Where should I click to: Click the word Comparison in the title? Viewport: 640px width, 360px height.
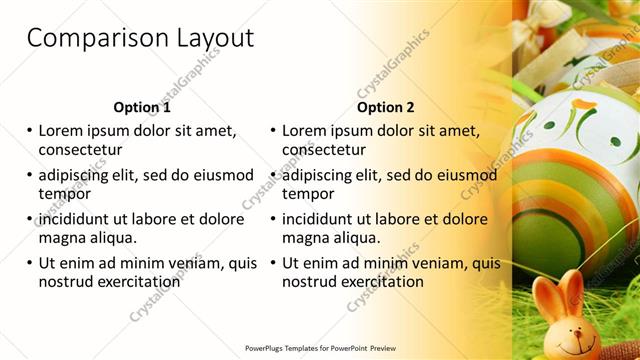88,39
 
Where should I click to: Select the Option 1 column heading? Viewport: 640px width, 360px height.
142,107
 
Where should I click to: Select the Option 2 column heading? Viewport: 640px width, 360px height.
385,107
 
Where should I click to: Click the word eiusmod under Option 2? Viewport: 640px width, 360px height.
461,175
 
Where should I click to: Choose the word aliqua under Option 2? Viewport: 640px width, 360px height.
357,238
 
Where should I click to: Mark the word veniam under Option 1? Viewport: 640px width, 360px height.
187,263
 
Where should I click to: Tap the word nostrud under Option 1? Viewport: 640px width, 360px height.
67,282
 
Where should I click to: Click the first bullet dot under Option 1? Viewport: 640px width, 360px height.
29,131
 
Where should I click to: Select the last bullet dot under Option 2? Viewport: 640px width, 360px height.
272,264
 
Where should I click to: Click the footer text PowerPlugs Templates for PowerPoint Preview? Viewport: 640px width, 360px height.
320,348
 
